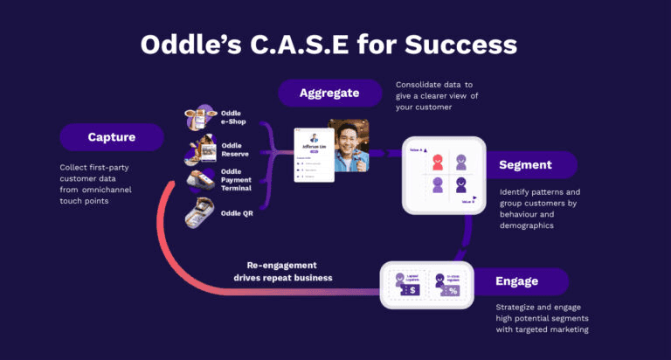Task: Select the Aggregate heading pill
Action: (x=329, y=93)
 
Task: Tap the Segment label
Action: (x=525, y=164)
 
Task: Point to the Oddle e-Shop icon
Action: (x=200, y=116)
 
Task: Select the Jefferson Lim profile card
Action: (x=314, y=155)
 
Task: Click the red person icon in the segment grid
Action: (x=438, y=162)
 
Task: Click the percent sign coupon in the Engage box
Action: (x=453, y=286)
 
